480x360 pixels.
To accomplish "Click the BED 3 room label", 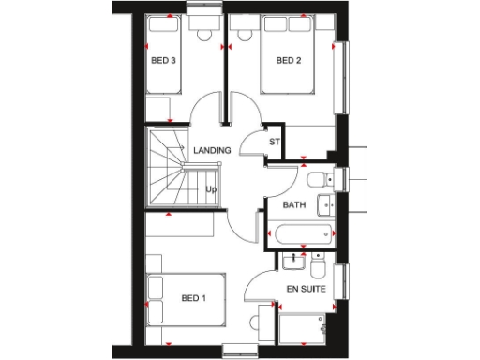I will point(164,61).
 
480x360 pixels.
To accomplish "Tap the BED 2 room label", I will point(288,61).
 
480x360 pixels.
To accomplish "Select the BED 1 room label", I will point(192,299).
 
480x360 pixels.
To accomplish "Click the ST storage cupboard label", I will point(275,142).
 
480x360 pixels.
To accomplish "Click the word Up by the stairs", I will point(212,188).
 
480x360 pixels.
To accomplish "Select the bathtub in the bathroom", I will point(302,236).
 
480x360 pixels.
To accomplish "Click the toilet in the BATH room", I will point(315,177).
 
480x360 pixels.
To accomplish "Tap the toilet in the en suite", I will point(317,270).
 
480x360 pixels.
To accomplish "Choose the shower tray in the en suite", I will point(303,329).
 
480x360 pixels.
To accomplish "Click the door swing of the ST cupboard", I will point(251,143).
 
